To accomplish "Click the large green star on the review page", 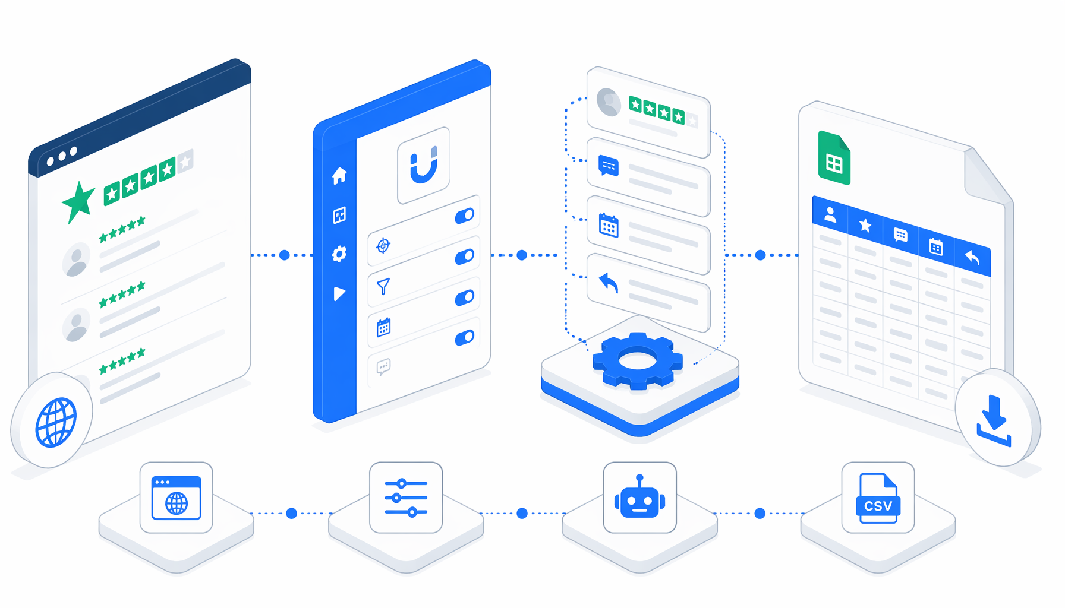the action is [78, 202].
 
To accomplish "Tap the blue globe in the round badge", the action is [56, 422].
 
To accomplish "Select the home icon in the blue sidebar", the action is [339, 175].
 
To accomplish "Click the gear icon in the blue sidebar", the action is [339, 254].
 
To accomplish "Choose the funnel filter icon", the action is [383, 287].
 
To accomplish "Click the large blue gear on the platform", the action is [638, 360].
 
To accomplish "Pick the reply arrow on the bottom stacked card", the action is [609, 283].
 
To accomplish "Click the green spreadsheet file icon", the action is [834, 158].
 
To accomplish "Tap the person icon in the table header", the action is [830, 215].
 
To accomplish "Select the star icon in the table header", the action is [865, 225].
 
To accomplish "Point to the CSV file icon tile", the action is [878, 498].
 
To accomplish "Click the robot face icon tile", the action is [639, 498].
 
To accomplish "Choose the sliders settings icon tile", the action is [406, 498].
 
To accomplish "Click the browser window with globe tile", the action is [177, 498].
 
